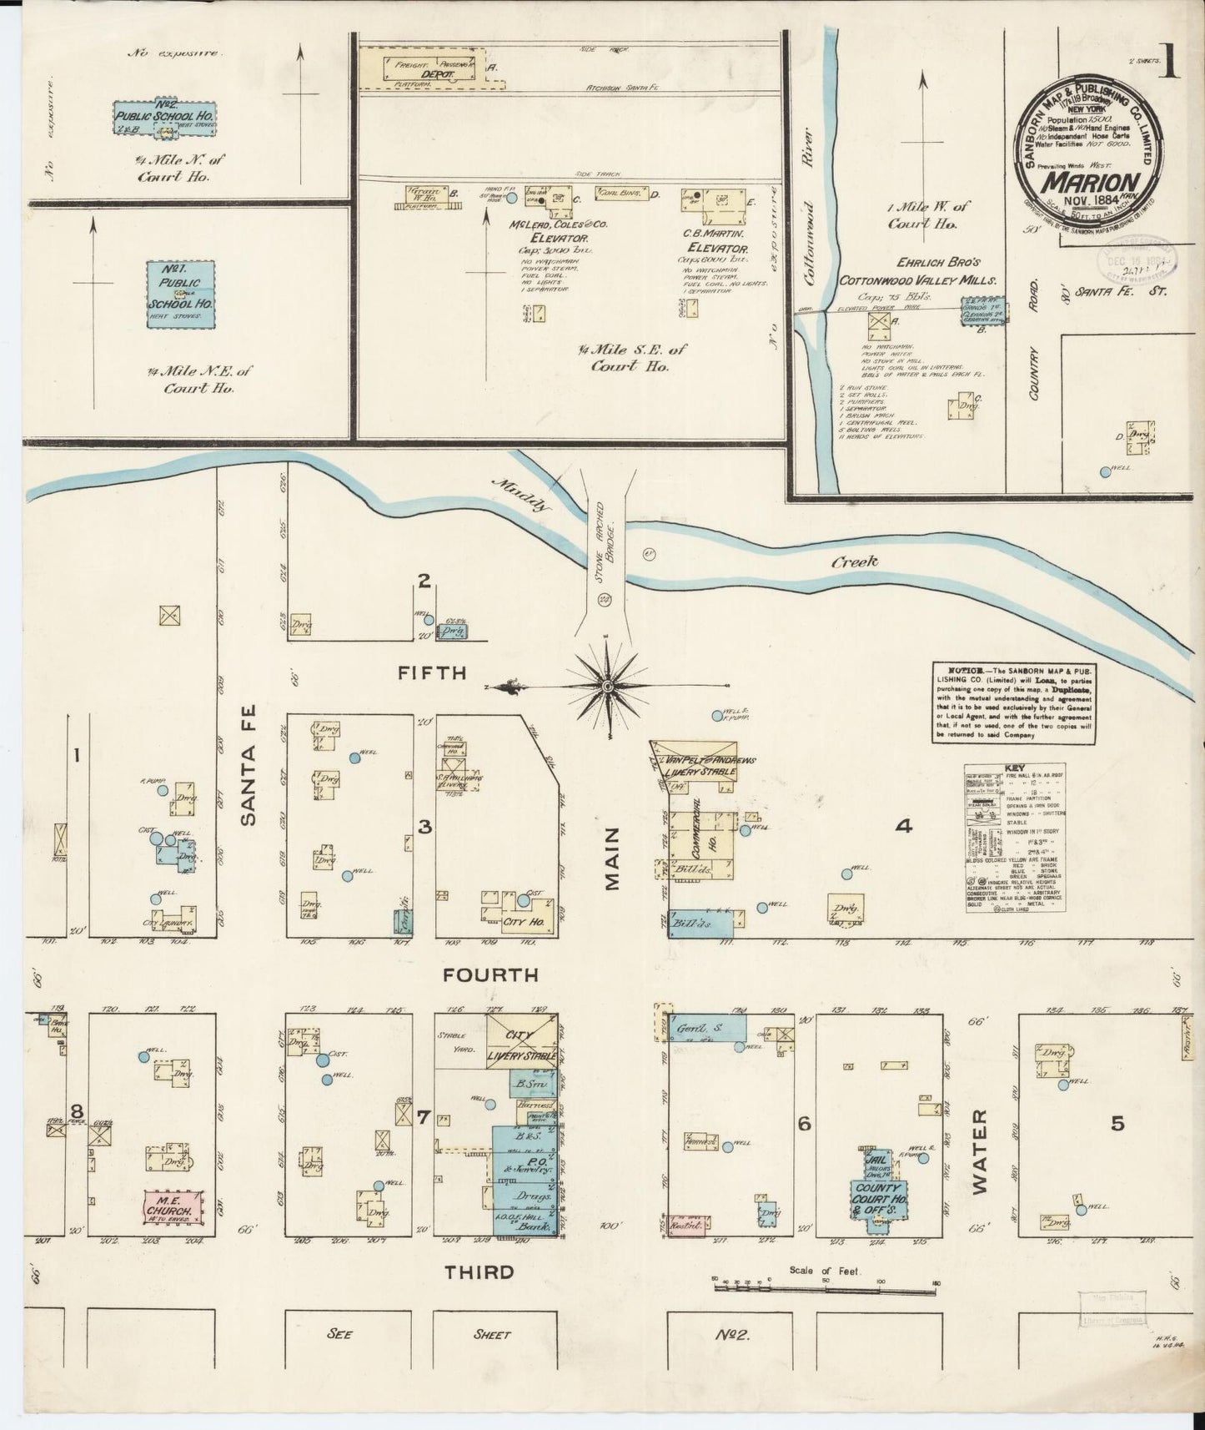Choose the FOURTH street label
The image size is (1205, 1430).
(x=490, y=974)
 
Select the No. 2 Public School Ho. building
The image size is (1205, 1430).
(x=163, y=117)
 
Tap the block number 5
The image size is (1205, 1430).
(x=1117, y=1124)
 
